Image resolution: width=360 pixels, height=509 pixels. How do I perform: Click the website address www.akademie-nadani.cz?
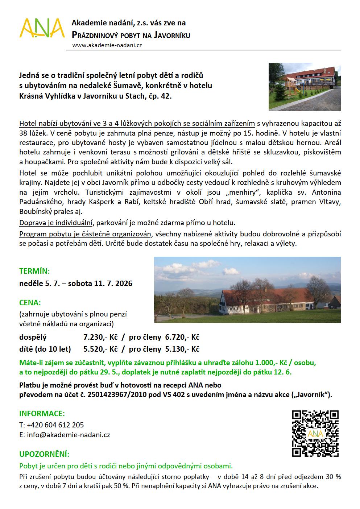pyautogui.click(x=107, y=45)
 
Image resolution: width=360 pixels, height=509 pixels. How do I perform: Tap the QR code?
pyautogui.click(x=315, y=434)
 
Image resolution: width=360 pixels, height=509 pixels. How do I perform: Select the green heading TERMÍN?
pyautogui.click(x=34, y=271)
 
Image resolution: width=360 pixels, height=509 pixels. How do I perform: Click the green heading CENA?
pyautogui.click(x=30, y=302)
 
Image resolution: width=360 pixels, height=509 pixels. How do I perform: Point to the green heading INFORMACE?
pyautogui.click(x=42, y=414)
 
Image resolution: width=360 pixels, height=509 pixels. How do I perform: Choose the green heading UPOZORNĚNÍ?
pyautogui.click(x=44, y=454)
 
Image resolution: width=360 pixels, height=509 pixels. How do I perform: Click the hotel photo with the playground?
pyautogui.click(x=304, y=86)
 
